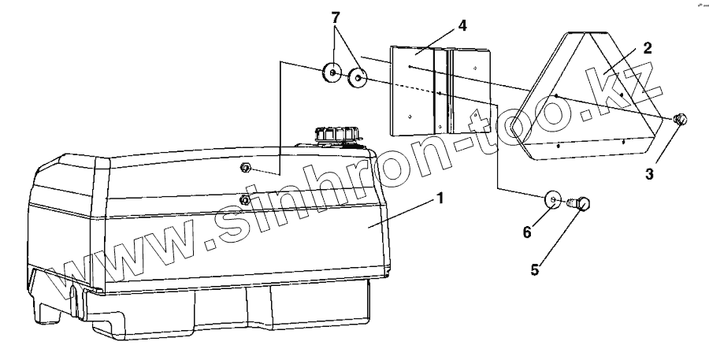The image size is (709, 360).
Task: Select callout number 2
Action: [647, 47]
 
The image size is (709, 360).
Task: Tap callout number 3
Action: [649, 173]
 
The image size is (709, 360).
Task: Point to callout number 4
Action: [462, 25]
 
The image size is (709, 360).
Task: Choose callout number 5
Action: [535, 269]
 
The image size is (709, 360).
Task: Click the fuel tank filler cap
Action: [335, 134]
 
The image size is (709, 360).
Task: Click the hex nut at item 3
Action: [681, 119]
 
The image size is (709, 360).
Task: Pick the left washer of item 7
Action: [332, 73]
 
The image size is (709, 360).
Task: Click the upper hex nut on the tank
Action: [245, 168]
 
